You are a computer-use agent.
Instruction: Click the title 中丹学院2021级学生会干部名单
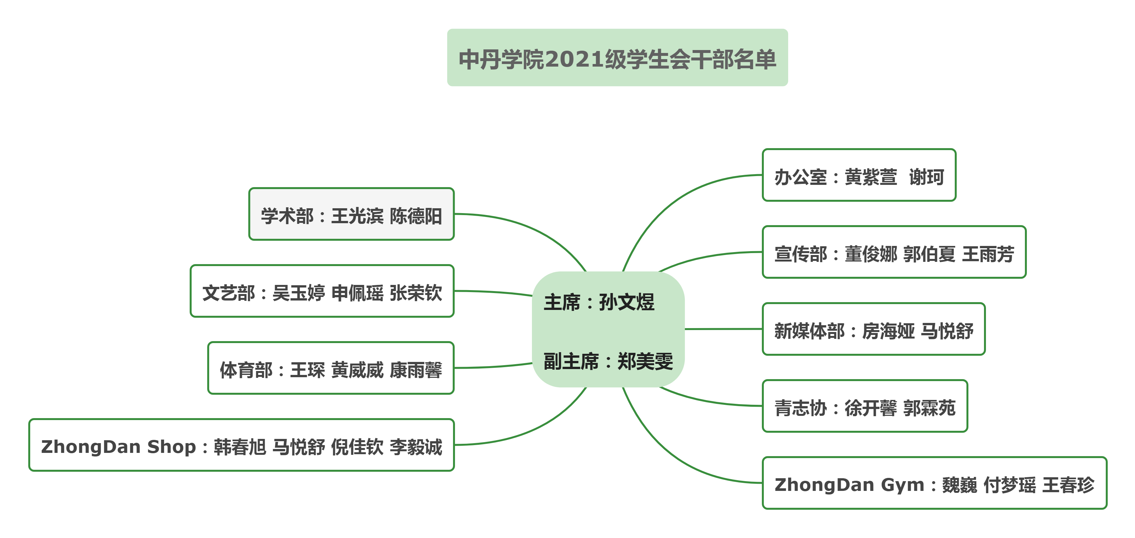point(617,59)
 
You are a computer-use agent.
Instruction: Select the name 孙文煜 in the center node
point(626,302)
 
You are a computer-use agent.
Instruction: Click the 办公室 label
point(801,177)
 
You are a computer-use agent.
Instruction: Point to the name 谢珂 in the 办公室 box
point(927,177)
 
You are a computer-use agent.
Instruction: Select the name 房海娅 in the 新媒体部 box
point(888,331)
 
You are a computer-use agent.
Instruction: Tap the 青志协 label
point(801,408)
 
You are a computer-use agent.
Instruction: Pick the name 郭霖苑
point(929,408)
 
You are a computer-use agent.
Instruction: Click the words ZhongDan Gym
point(849,485)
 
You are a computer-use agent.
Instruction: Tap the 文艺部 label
point(229,293)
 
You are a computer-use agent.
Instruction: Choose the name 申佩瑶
point(357,293)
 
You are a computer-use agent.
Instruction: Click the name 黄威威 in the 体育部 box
point(357,370)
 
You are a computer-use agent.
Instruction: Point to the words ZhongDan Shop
point(118,447)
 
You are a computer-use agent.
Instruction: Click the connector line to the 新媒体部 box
point(724,329)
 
